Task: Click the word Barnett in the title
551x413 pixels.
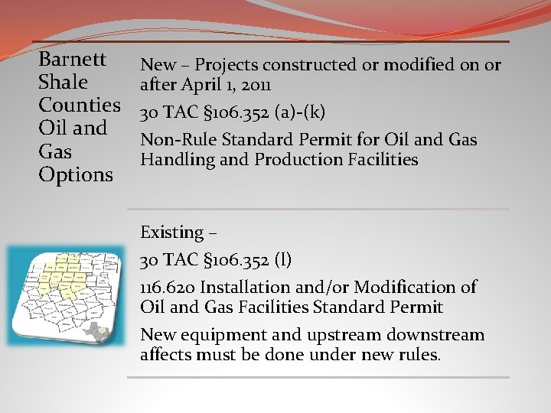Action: [72, 59]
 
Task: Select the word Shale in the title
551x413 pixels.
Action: [63, 82]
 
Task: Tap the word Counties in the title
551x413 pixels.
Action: [80, 105]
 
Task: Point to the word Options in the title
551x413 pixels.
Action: [76, 174]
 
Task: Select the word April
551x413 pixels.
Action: [202, 84]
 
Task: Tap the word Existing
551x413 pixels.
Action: [171, 232]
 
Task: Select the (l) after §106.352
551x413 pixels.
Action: [282, 260]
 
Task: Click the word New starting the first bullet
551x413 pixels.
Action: [158, 65]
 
